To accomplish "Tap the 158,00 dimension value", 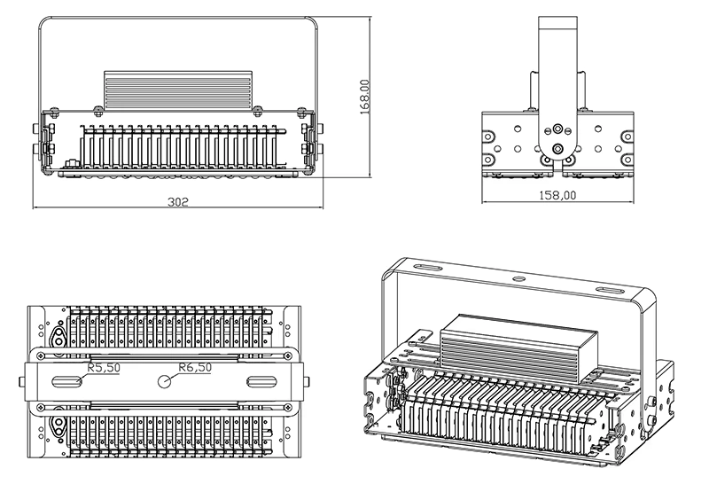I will point(557,194).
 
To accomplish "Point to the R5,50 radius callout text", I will point(103,366).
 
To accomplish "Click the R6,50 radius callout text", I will point(195,366).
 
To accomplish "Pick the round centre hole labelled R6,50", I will point(165,381).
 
